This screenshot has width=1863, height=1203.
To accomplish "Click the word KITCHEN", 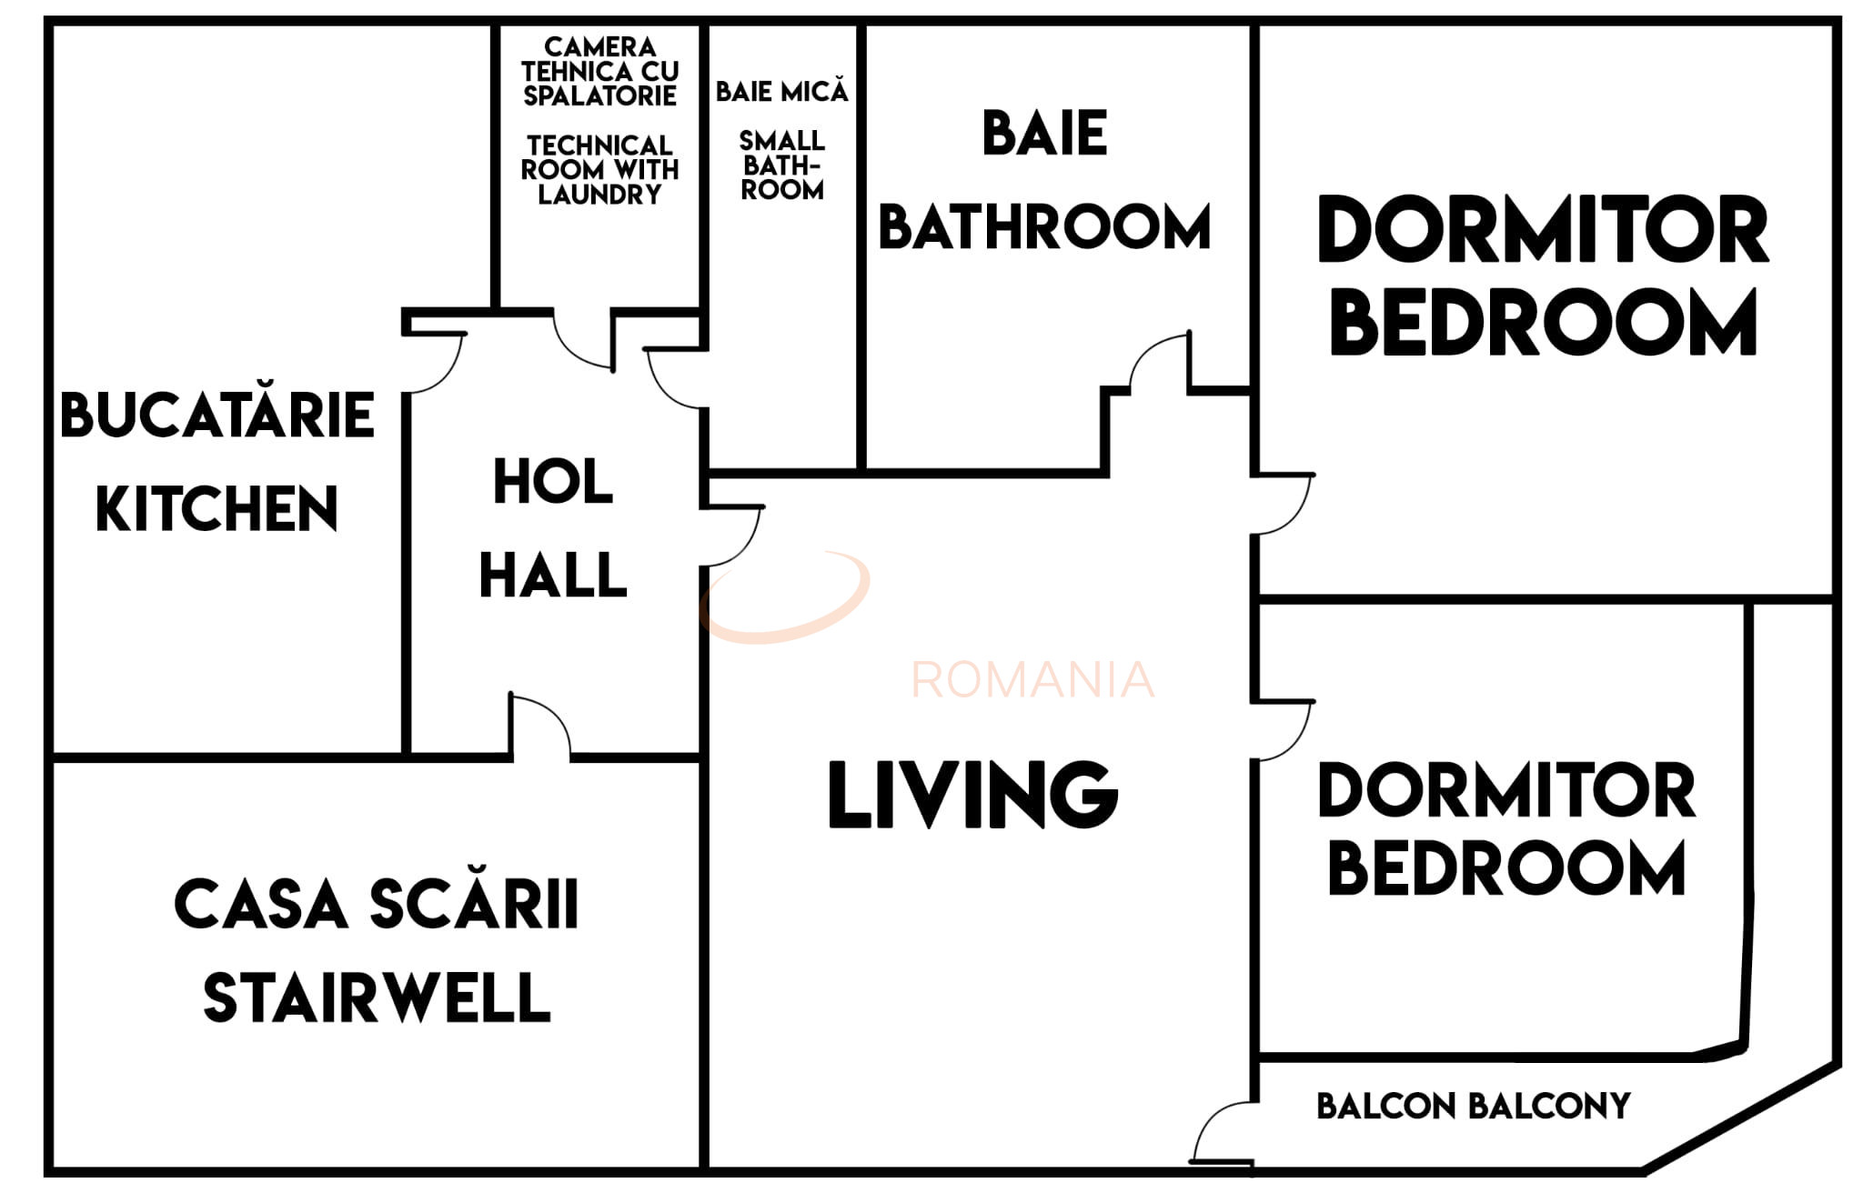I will click(217, 508).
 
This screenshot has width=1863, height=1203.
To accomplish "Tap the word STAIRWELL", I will click(377, 998).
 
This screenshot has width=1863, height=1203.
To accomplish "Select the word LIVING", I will click(972, 795).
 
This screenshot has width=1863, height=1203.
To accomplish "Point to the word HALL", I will click(553, 575).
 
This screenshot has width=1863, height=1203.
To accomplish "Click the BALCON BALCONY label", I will click(1473, 1107).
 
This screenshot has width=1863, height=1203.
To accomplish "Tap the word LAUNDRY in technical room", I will click(599, 195).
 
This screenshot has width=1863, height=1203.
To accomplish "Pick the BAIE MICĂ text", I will click(781, 91).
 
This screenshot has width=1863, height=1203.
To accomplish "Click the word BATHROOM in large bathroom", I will click(1044, 226).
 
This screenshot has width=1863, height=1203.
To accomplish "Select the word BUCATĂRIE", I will click(217, 415).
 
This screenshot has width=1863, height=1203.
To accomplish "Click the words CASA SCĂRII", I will click(377, 905).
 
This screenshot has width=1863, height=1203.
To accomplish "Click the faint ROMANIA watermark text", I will click(1032, 680).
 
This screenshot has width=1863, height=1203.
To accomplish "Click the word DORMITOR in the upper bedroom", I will click(1542, 230).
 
